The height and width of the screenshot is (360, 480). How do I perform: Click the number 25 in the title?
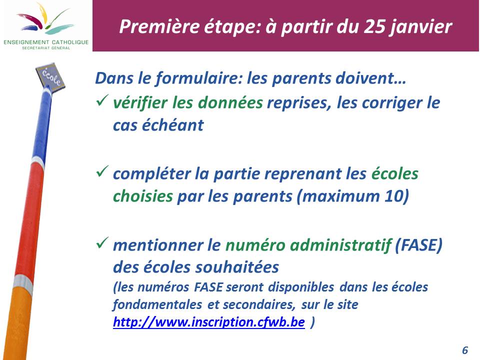pos(374,26)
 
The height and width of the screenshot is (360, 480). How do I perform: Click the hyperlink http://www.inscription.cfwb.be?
pos(209,322)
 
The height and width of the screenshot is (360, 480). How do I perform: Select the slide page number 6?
pos(465,350)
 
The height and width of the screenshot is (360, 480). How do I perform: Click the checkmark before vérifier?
pos(102,100)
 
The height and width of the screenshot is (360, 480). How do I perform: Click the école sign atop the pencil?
pos(50,76)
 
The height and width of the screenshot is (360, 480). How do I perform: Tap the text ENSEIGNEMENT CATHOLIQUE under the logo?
pos(46,42)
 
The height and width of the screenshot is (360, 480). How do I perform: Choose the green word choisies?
pos(143,196)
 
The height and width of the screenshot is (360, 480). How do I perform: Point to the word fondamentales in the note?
pos(157,304)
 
